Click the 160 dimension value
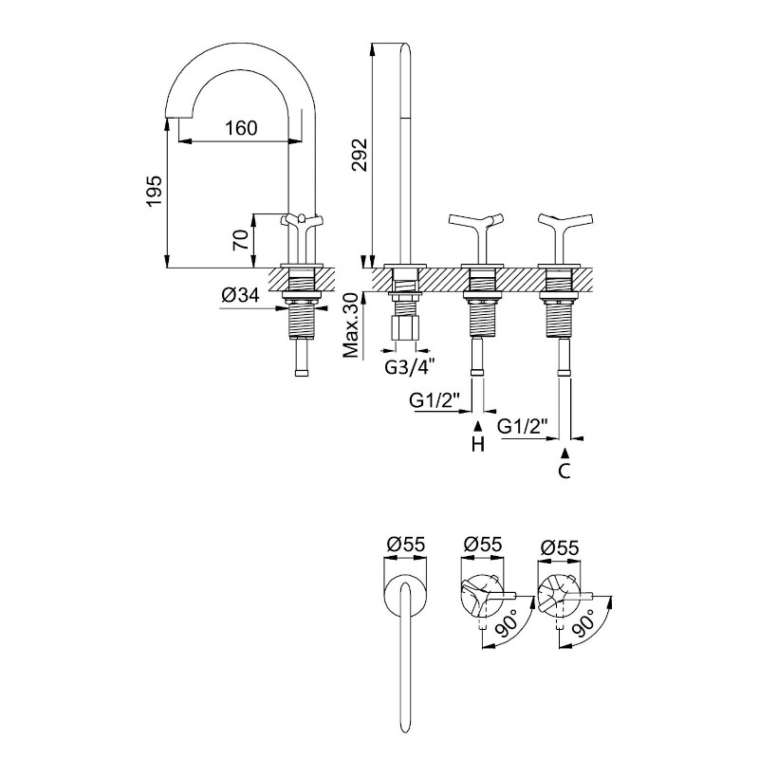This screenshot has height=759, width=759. [241, 128]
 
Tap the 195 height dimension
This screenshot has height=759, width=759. [155, 192]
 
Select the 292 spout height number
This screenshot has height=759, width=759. [361, 155]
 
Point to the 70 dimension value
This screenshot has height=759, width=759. [241, 240]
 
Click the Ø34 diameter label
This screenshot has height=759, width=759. [241, 294]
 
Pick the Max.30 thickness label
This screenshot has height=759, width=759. [351, 325]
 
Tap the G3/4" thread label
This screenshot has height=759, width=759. [407, 367]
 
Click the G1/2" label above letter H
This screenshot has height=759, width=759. [435, 400]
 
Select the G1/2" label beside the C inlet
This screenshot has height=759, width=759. [523, 426]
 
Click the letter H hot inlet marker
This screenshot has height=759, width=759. [478, 444]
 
